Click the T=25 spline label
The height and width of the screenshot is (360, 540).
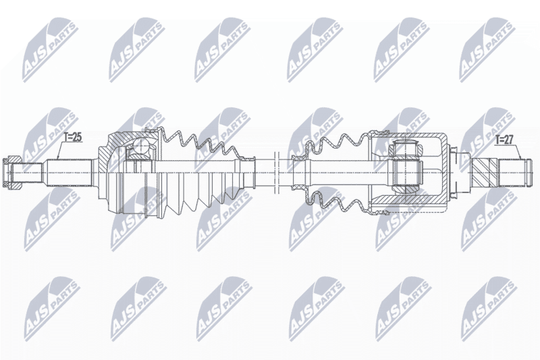click(73, 137)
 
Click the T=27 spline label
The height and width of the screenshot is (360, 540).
click(504, 140)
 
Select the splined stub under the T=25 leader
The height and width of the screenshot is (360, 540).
click(69, 172)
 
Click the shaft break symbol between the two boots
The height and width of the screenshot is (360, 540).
click(276, 172)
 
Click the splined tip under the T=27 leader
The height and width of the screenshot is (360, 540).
click(512, 172)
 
